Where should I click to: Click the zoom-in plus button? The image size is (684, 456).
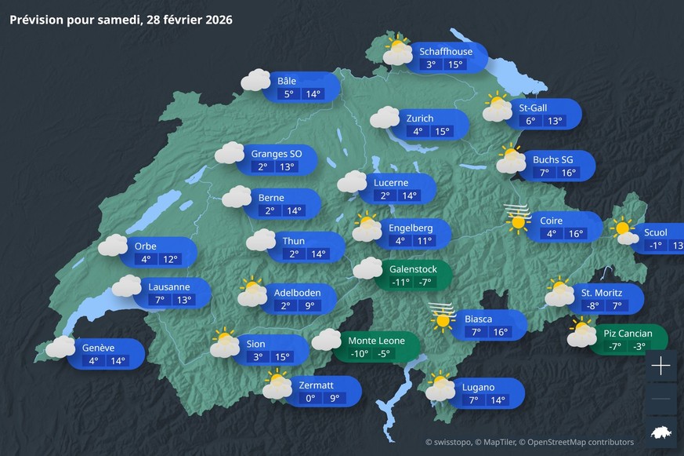click(x=660, y=365)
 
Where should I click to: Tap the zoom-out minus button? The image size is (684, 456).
click(x=660, y=399)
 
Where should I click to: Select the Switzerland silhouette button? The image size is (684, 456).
click(x=660, y=432)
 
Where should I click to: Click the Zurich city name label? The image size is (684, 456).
click(x=419, y=118)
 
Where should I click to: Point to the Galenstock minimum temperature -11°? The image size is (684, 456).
click(x=401, y=283)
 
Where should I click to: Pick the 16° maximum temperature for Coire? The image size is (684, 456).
click(x=577, y=234)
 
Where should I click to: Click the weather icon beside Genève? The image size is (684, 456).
click(x=60, y=347)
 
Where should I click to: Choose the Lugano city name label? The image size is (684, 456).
click(x=478, y=387)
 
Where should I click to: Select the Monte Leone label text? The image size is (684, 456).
click(x=376, y=341)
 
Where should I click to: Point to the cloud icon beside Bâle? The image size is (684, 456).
click(x=255, y=80)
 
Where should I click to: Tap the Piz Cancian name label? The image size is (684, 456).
click(x=628, y=333)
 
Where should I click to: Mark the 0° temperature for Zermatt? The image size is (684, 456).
click(x=310, y=399)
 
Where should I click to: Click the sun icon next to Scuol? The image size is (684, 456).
click(x=624, y=229)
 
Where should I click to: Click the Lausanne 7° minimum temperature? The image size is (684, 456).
click(x=160, y=300)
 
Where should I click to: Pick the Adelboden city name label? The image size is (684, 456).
click(x=297, y=293)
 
